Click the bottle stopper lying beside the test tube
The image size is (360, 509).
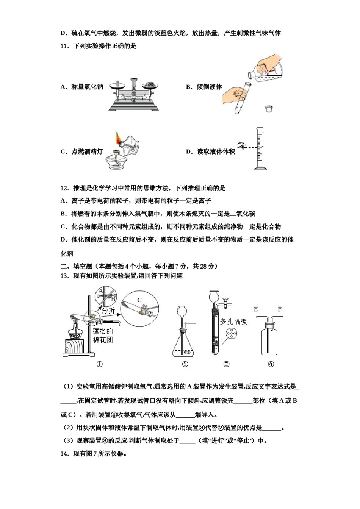coord(269,109)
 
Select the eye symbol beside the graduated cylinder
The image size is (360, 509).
coord(240,145)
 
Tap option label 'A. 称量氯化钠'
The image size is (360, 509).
coord(81,87)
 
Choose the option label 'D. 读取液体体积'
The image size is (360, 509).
coord(210,151)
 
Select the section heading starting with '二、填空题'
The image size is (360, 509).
coord(139,266)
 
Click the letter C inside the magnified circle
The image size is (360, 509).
coord(139,300)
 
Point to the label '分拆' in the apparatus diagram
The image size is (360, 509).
coord(108,311)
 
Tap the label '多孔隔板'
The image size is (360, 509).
coord(234,322)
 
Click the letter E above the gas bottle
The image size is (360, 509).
coord(256,309)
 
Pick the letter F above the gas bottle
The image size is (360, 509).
coord(279,309)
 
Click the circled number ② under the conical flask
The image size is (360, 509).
coord(185,364)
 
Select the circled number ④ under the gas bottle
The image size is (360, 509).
coord(271,364)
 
